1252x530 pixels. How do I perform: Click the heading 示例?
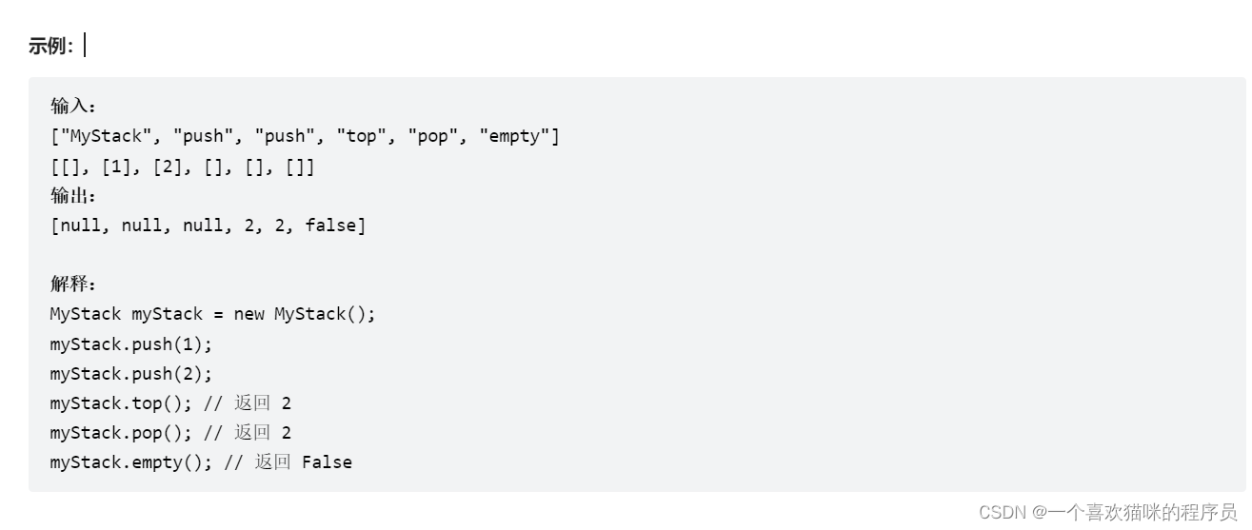[50, 46]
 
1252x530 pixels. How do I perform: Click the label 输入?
[73, 106]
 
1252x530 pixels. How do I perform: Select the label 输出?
[73, 196]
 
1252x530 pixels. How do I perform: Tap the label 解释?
[73, 284]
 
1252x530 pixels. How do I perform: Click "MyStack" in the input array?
[106, 136]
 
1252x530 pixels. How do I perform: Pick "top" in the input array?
[361, 136]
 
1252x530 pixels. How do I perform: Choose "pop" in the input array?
[432, 136]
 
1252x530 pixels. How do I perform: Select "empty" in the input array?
[514, 136]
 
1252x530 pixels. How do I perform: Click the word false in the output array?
[330, 226]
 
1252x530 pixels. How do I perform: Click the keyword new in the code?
[248, 314]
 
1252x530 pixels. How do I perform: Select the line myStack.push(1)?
[131, 344]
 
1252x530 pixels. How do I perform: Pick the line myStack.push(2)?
[131, 373]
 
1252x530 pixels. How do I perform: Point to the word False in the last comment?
[327, 462]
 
